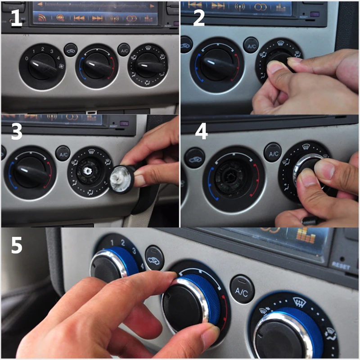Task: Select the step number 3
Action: [16, 132]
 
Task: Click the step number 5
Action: [17, 246]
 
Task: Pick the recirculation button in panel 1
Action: [71, 49]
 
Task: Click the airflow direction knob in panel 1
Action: [148, 66]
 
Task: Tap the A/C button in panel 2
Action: [251, 45]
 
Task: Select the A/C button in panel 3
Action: [62, 153]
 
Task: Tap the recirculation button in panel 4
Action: [194, 157]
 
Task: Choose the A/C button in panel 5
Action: [242, 291]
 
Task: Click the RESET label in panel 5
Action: [341, 265]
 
